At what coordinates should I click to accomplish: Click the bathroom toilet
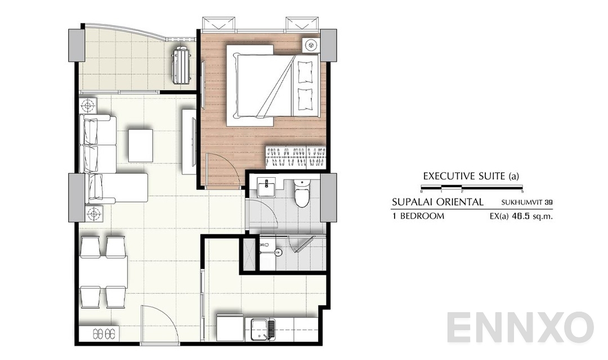(302, 193)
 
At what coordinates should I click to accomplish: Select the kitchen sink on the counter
(261, 328)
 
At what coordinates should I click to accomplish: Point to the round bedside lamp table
(309, 44)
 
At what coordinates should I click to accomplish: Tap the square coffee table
(140, 145)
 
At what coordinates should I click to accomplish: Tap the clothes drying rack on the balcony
(182, 65)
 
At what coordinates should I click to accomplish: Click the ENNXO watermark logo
(520, 327)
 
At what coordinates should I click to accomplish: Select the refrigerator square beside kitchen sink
(230, 327)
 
